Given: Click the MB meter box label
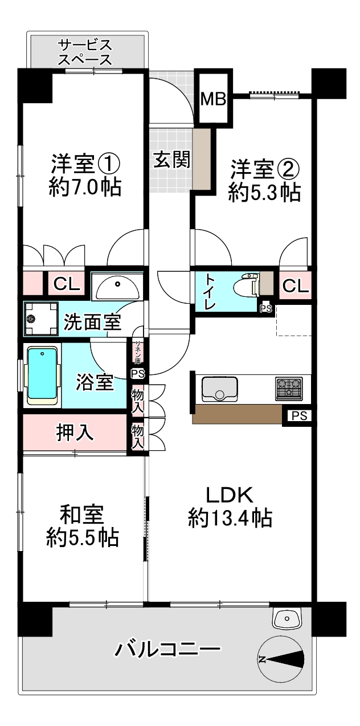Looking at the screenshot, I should [214, 100].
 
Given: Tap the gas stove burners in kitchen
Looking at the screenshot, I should [289, 388].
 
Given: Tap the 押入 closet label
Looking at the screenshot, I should [75, 433].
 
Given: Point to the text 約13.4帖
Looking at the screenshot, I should [229, 518].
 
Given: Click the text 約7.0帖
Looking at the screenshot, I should [85, 187].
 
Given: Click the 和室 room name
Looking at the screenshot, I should [82, 515].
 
